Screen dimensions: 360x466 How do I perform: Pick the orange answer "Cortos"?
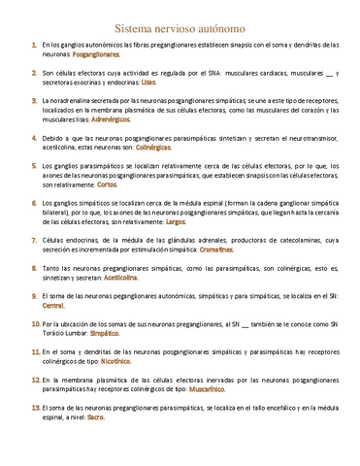click(108, 183)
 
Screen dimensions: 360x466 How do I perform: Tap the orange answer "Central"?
click(54, 305)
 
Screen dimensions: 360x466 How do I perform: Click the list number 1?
click(34, 46)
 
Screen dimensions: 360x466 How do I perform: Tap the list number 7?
click(34, 238)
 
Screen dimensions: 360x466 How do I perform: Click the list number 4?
click(34, 141)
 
